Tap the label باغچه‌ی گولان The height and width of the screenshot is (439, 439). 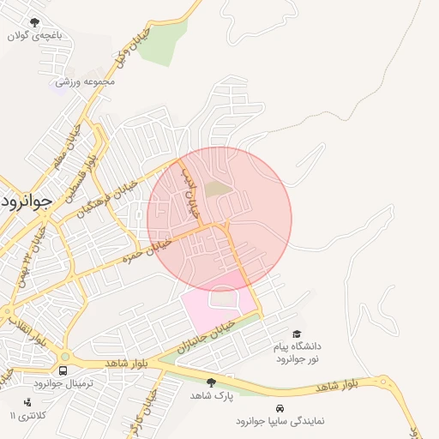pyautogui.click(x=34, y=36)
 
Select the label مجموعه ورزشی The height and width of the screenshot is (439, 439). pyautogui.click(x=85, y=82)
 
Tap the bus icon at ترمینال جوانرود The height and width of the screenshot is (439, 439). pyautogui.click(x=63, y=370)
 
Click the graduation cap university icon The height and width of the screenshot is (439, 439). pyautogui.click(x=297, y=334)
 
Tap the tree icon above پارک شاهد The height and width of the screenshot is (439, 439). pyautogui.click(x=212, y=382)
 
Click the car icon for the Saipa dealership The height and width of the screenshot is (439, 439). pyautogui.click(x=280, y=407)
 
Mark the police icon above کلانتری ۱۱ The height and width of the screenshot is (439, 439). pyautogui.click(x=28, y=401)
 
